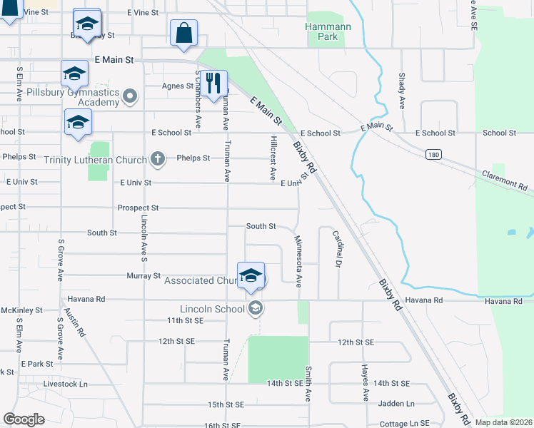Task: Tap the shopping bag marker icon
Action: (183, 33)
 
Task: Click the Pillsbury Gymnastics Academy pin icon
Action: (130, 96)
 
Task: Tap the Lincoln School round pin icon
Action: (255, 308)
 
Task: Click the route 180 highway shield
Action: (433, 154)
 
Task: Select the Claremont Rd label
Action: (504, 181)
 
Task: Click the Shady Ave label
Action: (402, 91)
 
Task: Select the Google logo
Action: (24, 419)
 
